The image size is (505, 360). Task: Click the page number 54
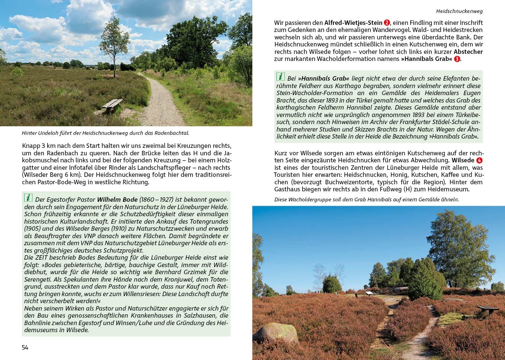(x=25, y=347)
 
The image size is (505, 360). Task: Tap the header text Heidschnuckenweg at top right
(x=459, y=11)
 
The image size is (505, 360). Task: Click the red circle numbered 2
(x=387, y=23)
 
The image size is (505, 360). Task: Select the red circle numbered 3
(x=457, y=59)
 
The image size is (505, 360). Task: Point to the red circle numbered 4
(x=479, y=160)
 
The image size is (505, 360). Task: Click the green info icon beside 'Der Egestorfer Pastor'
(x=28, y=198)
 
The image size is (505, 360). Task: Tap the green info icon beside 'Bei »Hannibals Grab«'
(x=281, y=77)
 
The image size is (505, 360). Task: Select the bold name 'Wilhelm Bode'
(x=117, y=200)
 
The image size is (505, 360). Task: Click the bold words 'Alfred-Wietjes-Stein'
(x=353, y=23)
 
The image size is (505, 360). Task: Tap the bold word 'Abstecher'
(x=468, y=52)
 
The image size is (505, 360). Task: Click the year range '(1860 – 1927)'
(x=156, y=200)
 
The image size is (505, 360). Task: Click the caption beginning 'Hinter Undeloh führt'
(x=106, y=133)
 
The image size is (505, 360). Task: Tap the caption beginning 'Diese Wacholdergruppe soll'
(x=366, y=200)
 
